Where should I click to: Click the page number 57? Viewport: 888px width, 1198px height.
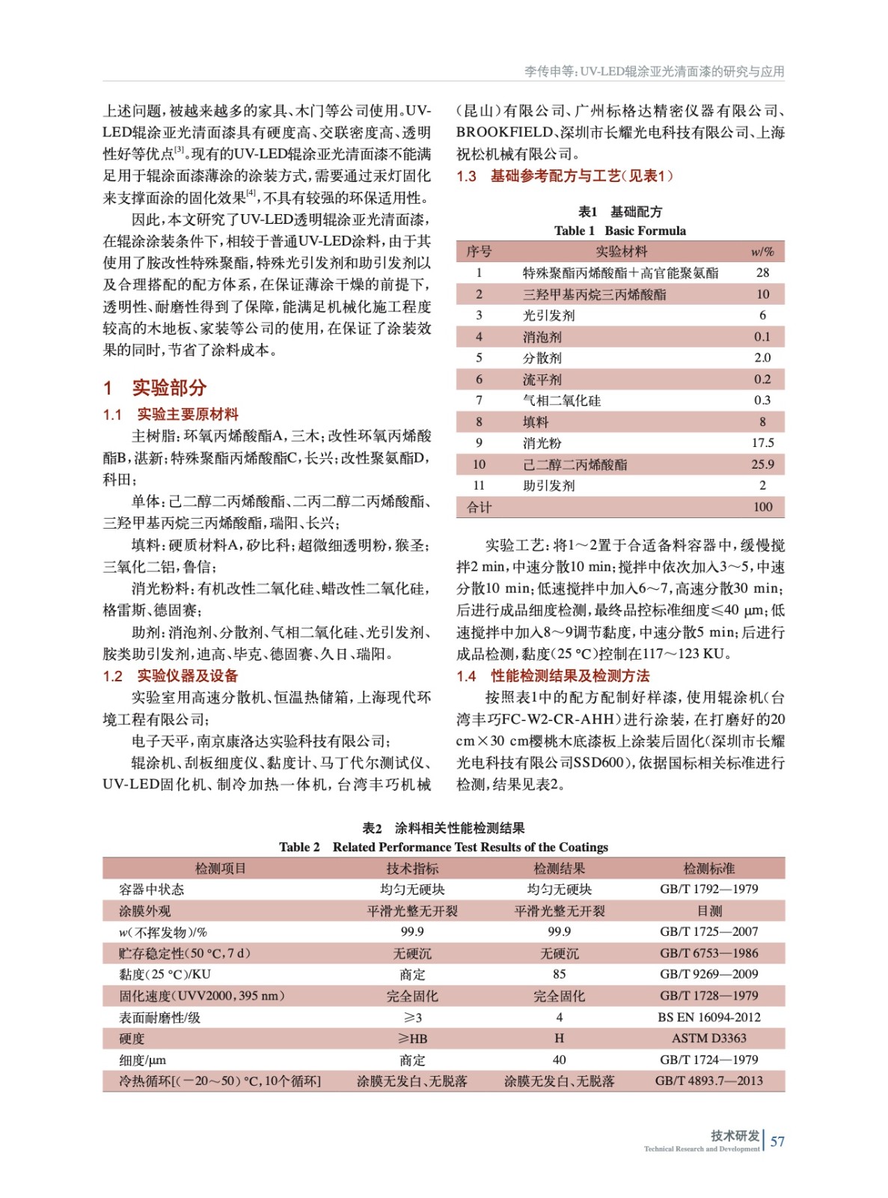(777, 1141)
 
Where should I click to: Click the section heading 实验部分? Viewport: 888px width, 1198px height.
(168, 387)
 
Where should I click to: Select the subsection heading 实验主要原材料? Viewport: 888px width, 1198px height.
(187, 414)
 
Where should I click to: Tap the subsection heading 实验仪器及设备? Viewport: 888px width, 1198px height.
(187, 676)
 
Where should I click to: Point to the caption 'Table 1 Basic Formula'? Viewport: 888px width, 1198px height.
(619, 231)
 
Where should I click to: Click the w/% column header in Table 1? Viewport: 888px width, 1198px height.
(762, 252)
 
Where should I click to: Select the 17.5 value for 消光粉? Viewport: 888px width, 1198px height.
(762, 443)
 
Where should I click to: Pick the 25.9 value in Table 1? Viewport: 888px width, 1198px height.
(762, 464)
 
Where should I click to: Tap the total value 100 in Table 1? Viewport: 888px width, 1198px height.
(762, 507)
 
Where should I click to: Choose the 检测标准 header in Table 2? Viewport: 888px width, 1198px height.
(708, 869)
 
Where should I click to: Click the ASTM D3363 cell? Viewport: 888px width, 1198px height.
(708, 1039)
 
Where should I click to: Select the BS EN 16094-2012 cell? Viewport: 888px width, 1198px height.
(708, 1018)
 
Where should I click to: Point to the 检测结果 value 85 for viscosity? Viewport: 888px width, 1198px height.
(559, 975)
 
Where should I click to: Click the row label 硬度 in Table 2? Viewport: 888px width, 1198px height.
(132, 1039)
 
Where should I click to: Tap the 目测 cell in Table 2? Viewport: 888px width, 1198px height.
(708, 911)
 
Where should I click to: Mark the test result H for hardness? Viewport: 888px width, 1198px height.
(559, 1039)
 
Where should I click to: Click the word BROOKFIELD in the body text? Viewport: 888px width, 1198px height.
(505, 133)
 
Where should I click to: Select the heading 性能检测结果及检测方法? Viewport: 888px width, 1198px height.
(570, 676)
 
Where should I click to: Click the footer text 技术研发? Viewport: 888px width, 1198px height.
(735, 1135)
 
